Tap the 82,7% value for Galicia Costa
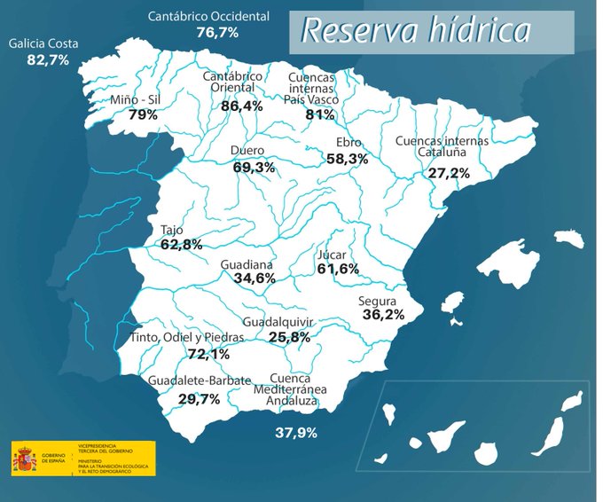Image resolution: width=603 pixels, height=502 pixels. [48, 60]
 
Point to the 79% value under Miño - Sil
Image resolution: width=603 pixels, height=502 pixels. [143, 114]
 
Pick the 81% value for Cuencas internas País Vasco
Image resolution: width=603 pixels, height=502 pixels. [319, 114]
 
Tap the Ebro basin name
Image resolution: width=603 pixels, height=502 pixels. [348, 143]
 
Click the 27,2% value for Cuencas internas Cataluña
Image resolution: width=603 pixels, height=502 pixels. [449, 173]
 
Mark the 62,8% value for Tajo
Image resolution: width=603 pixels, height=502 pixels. [182, 244]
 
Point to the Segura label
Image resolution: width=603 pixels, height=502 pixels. [377, 301]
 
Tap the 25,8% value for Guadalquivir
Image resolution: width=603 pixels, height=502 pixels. [289, 337]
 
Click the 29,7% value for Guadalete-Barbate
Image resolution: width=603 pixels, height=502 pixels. [198, 399]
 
